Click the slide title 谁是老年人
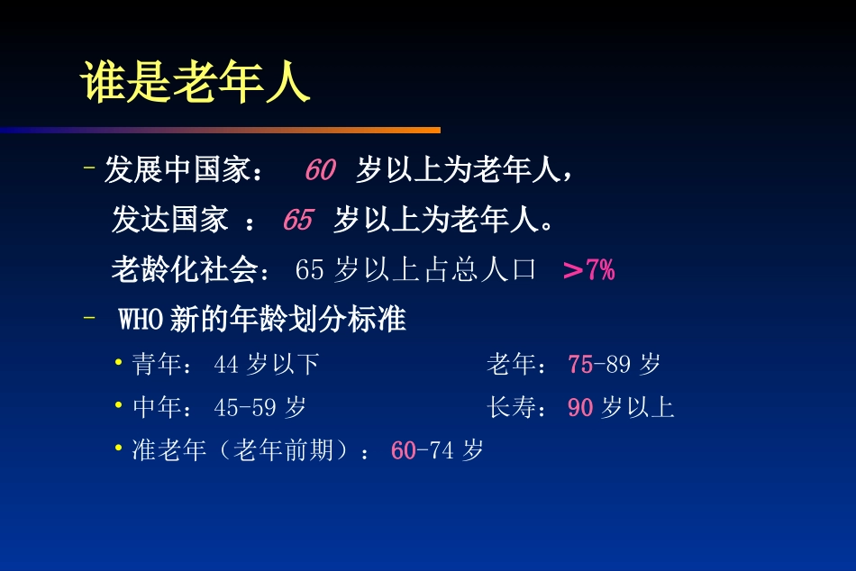pos(195,84)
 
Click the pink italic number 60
pos(320,169)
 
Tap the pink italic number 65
pos(297,220)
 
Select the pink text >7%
pos(588,269)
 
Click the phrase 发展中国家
pos(177,169)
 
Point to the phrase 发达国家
pos(169,220)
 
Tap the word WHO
pos(142,320)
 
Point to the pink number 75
pos(580,364)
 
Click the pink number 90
pos(580,407)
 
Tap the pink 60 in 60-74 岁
pos(403,450)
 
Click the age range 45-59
pos(244,407)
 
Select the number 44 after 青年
pos(226,364)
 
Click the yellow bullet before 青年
pos(119,362)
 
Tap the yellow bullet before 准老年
pos(119,448)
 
